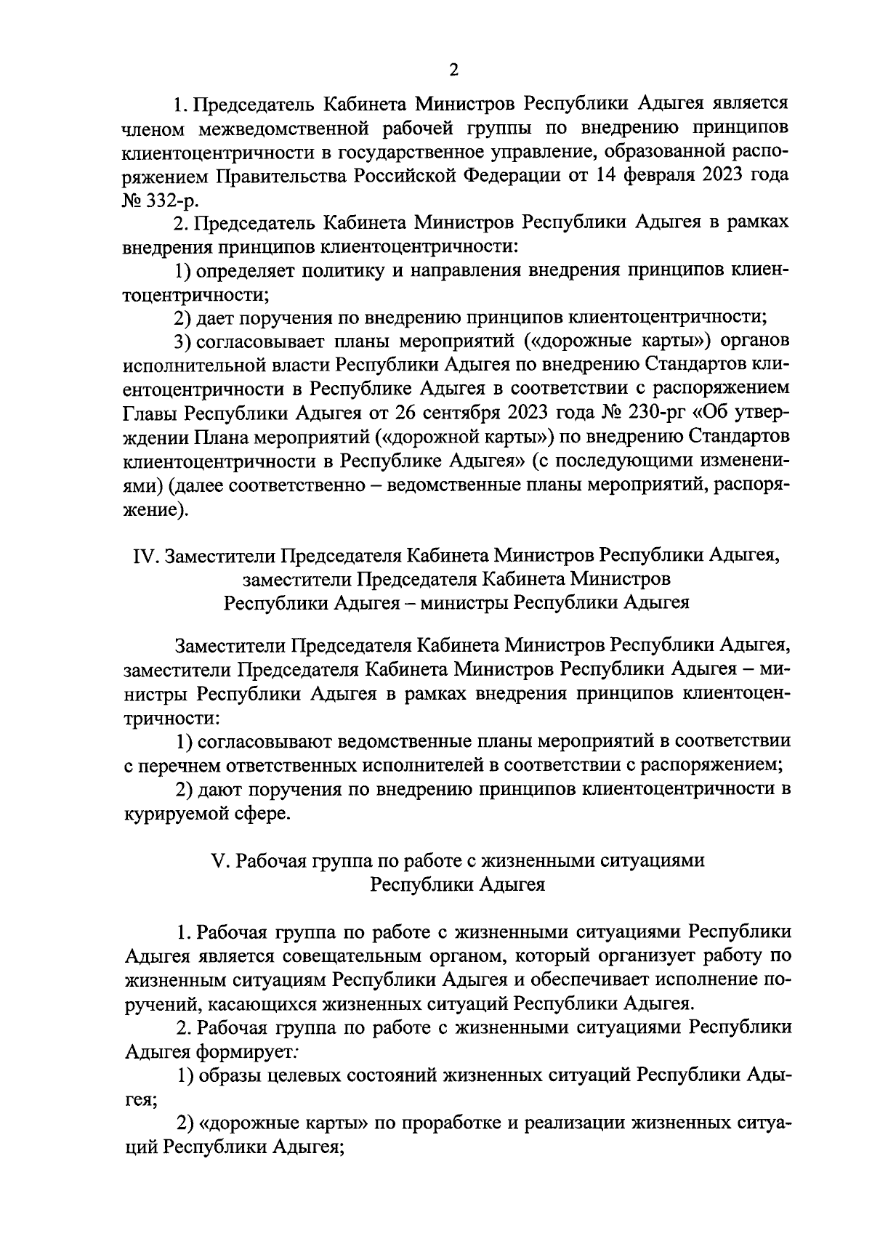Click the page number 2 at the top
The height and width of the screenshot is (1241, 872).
click(x=453, y=70)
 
